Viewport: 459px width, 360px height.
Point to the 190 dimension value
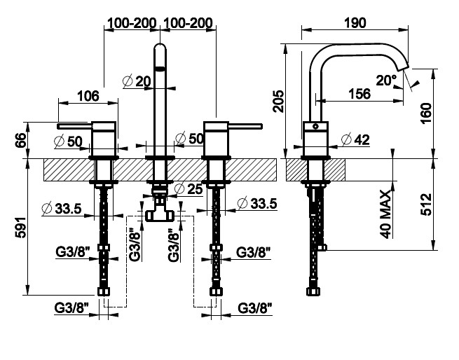tap(355, 22)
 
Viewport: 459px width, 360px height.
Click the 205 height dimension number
tap(278, 101)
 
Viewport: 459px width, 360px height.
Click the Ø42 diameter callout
tap(355, 139)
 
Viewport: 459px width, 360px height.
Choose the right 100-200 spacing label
tap(188, 22)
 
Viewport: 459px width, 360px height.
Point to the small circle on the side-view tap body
tap(317, 128)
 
